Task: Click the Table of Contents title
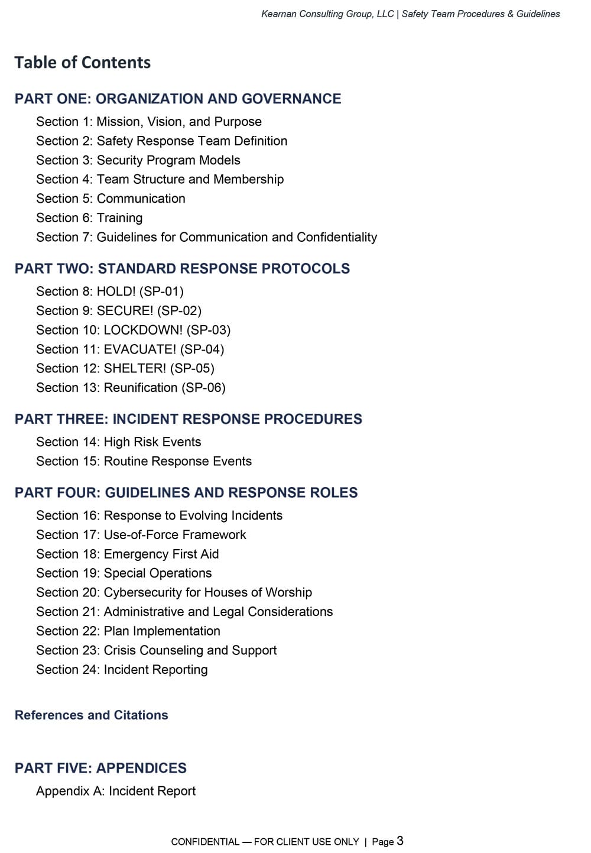tap(83, 63)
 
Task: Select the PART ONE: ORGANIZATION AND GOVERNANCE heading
tap(178, 99)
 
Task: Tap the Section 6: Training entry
tap(89, 218)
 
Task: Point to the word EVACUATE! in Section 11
tap(140, 349)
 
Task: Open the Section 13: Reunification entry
tap(131, 388)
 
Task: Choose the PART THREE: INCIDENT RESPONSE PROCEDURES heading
tap(189, 419)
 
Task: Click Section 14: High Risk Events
tap(118, 442)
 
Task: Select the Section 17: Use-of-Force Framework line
tap(141, 535)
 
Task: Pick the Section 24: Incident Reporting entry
tap(122, 670)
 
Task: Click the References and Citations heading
tap(92, 715)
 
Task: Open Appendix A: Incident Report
tap(116, 791)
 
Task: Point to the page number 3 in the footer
tap(400, 841)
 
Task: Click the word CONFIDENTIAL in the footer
tap(205, 842)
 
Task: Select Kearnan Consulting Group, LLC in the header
tap(327, 14)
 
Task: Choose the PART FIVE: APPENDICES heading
tap(100, 768)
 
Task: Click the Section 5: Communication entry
tap(111, 199)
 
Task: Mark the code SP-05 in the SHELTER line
tap(192, 368)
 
